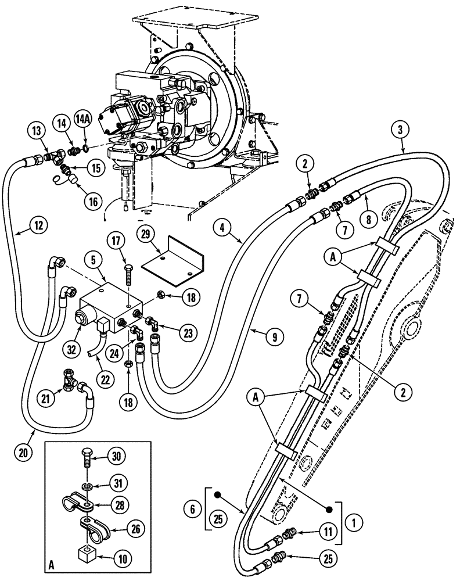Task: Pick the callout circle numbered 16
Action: [x=92, y=200]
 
